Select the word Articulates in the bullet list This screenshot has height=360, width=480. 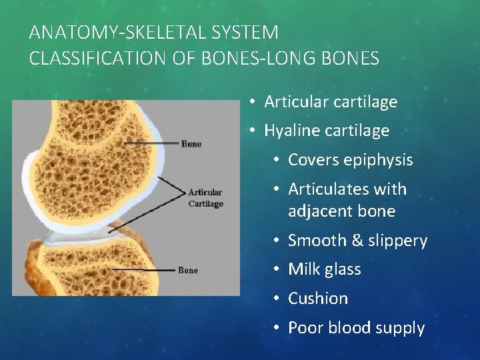point(325,189)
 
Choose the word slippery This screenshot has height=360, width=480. point(394,241)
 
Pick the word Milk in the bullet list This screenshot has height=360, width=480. point(303,269)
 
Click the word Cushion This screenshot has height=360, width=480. point(318,299)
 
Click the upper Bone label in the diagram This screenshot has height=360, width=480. point(191,143)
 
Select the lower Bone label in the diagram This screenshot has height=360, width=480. point(188,271)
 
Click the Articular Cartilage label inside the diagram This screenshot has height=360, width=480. point(205,198)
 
